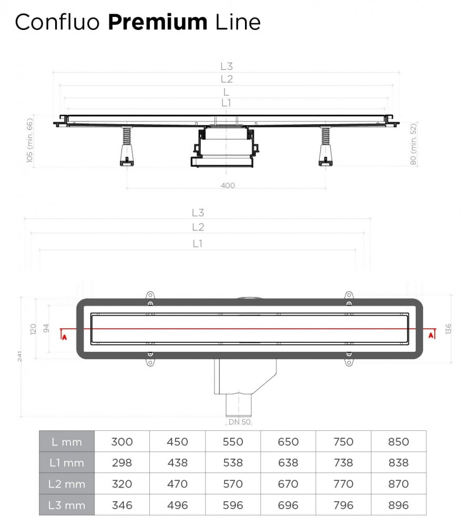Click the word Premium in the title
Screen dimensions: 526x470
click(158, 22)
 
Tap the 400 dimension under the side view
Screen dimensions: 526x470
click(228, 185)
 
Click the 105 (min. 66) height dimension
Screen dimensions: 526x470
click(30, 140)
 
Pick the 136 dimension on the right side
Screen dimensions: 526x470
click(447, 329)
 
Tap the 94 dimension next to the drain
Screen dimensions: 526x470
click(47, 329)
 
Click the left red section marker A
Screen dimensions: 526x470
click(64, 336)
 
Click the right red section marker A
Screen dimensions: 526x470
click(431, 335)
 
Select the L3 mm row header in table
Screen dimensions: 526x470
click(67, 505)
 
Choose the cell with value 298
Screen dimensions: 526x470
click(122, 463)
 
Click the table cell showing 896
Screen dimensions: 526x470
click(398, 505)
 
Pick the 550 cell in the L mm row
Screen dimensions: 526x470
click(233, 442)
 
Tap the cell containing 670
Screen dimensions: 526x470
click(288, 484)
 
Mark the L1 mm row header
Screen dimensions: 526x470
click(67, 463)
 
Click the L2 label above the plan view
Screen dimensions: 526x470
click(198, 227)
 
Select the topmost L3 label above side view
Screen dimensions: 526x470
click(226, 66)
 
